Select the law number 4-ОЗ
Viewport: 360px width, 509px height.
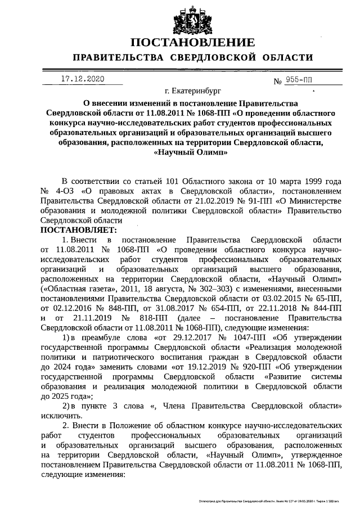(x=64, y=191)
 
